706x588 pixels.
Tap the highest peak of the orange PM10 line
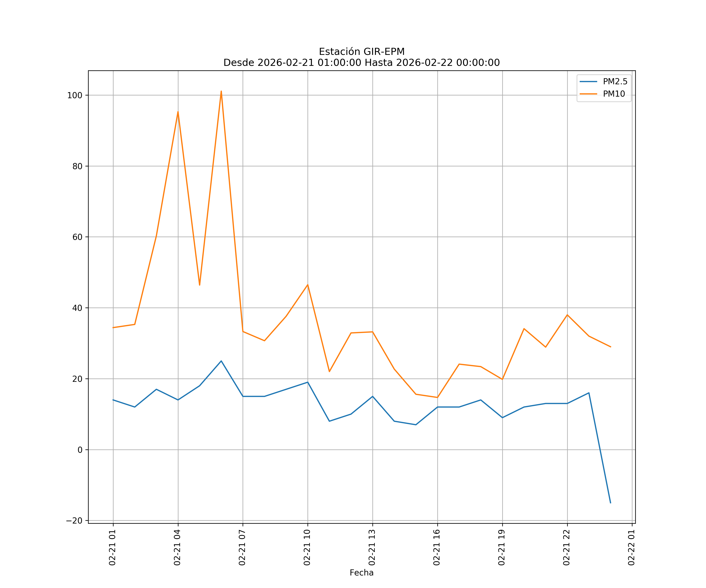[x=221, y=91]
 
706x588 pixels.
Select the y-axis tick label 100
[x=75, y=95]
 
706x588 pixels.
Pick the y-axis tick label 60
[x=77, y=237]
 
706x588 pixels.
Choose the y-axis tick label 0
[x=80, y=450]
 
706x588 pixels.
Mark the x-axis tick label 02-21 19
[x=502, y=547]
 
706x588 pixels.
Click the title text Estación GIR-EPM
[x=361, y=52]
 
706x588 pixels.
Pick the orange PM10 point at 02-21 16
[x=437, y=397]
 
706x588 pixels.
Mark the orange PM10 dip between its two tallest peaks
[x=200, y=285]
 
